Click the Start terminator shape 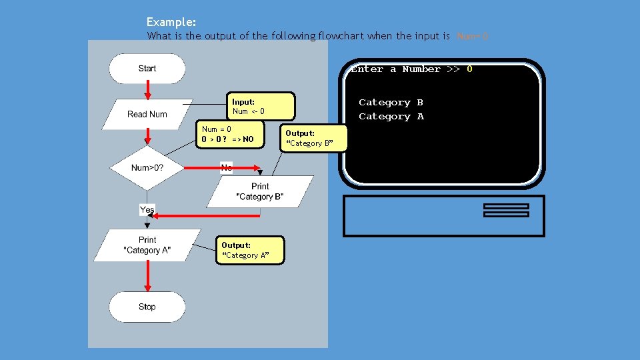147,69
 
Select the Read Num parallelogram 147,114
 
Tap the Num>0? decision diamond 147,167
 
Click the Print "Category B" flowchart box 260,191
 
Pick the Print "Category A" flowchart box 147,245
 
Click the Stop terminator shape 147,307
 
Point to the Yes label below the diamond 147,209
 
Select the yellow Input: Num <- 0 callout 263,106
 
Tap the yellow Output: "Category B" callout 313,138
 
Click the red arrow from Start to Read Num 147,90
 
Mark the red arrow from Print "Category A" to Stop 147,276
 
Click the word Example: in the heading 171,22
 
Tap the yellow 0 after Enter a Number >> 469,69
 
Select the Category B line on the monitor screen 391,102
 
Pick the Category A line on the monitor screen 391,117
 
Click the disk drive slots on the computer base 506,210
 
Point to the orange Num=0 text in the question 473,36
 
